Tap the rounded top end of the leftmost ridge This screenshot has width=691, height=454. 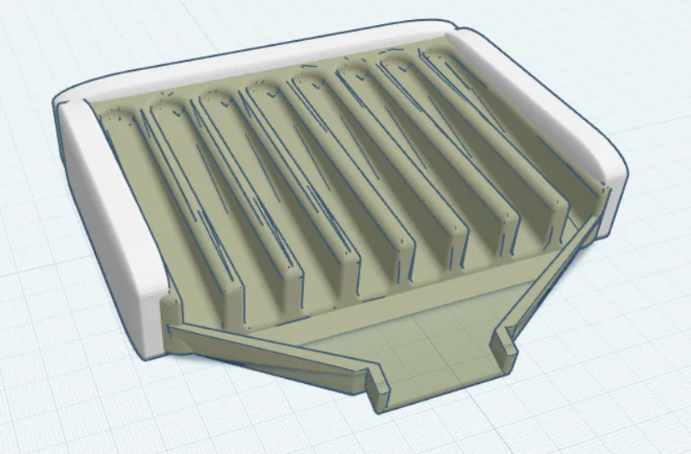[x=117, y=117]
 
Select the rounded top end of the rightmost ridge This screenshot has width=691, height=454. [x=438, y=54]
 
